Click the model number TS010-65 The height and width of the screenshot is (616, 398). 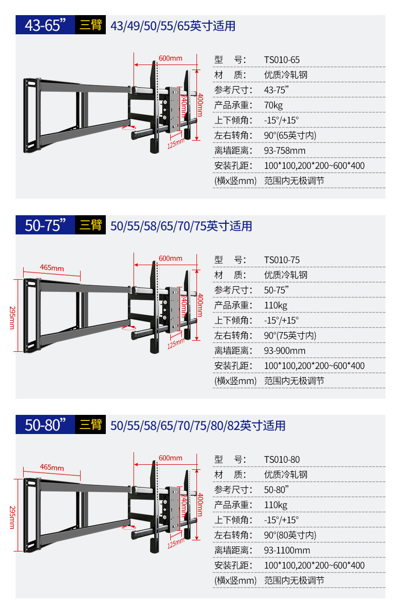click(282, 60)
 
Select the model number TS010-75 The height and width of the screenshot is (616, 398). click(282, 260)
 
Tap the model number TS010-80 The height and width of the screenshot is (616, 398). click(282, 460)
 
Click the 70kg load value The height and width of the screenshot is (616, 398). click(274, 105)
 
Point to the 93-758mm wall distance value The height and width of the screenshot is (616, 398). click(285, 151)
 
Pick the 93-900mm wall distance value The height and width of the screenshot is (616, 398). click(285, 351)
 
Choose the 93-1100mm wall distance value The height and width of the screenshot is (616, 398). click(287, 550)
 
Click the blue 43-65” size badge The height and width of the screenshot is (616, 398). click(45, 25)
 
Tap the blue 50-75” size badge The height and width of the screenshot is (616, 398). click(45, 225)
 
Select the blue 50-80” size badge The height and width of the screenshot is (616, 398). click(45, 425)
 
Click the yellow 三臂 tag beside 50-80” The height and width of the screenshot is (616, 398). click(91, 425)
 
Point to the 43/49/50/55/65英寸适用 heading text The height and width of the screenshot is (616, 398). click(173, 26)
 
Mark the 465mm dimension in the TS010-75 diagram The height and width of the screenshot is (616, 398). click(52, 268)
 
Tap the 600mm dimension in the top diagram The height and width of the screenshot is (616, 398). click(170, 58)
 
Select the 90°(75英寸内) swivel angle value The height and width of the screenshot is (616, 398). click(290, 336)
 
